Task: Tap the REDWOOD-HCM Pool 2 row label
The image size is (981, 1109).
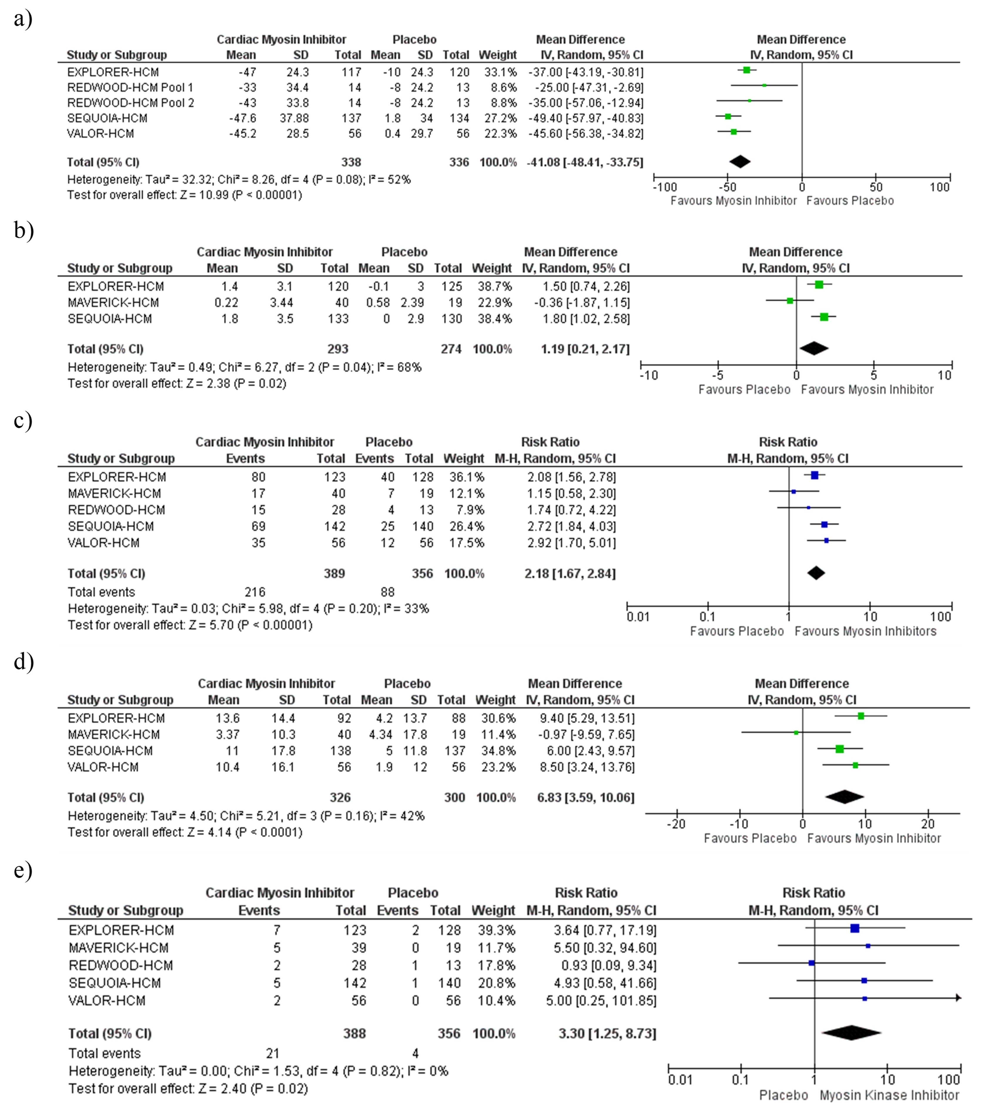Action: coord(130,103)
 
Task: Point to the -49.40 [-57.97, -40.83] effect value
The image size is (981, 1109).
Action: coord(585,118)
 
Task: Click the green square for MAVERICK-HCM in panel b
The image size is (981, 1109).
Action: coord(790,301)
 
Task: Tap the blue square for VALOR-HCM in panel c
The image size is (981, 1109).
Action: coord(826,541)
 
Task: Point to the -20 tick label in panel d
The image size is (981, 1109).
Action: coord(676,824)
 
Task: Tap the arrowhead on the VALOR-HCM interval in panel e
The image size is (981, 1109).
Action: coord(958,998)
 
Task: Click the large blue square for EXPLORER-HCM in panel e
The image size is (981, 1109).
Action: coord(855,928)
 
